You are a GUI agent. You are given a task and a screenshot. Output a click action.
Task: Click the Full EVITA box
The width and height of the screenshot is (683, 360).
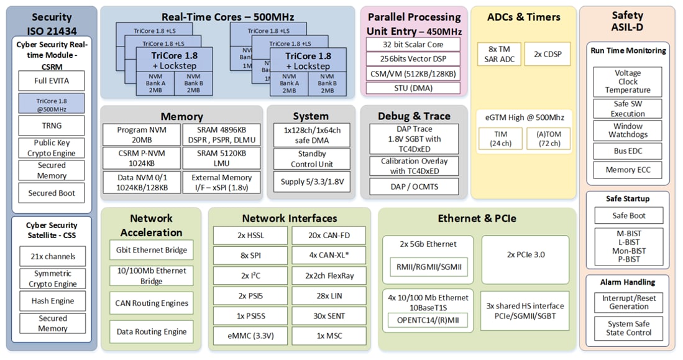51,81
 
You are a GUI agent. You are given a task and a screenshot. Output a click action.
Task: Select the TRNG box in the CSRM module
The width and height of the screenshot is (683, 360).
51,126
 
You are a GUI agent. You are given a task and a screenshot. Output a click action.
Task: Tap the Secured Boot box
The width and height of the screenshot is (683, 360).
51,193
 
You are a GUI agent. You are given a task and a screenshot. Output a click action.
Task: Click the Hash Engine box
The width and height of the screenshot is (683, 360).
52,301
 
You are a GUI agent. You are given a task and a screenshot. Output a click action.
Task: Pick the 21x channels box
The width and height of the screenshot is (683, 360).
52,256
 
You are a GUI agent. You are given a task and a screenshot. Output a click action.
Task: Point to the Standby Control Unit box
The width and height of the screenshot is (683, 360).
311,159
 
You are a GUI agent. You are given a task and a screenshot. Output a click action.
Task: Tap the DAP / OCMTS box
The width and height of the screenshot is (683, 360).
414,186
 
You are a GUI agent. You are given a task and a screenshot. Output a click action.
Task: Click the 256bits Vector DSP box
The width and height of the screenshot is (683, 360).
413,59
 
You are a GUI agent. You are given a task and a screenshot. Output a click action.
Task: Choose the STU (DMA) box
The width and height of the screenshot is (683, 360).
413,88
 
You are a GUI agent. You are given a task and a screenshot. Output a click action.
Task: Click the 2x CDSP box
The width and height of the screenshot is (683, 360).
547,54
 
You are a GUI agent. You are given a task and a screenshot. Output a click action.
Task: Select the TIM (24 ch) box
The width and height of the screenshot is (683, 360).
500,139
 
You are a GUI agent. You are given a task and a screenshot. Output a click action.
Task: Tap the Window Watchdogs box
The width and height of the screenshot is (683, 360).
628,130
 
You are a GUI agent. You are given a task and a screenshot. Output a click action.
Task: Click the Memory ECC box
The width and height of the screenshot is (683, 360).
628,170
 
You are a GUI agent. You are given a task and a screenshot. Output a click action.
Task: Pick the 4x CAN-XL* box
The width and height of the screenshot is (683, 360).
328,255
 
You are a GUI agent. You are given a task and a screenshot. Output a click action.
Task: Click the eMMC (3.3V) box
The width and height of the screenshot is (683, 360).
250,336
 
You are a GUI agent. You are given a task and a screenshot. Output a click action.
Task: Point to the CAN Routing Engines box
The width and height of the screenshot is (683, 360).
152,303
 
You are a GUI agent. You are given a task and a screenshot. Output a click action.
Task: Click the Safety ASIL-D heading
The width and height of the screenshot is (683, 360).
627,22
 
